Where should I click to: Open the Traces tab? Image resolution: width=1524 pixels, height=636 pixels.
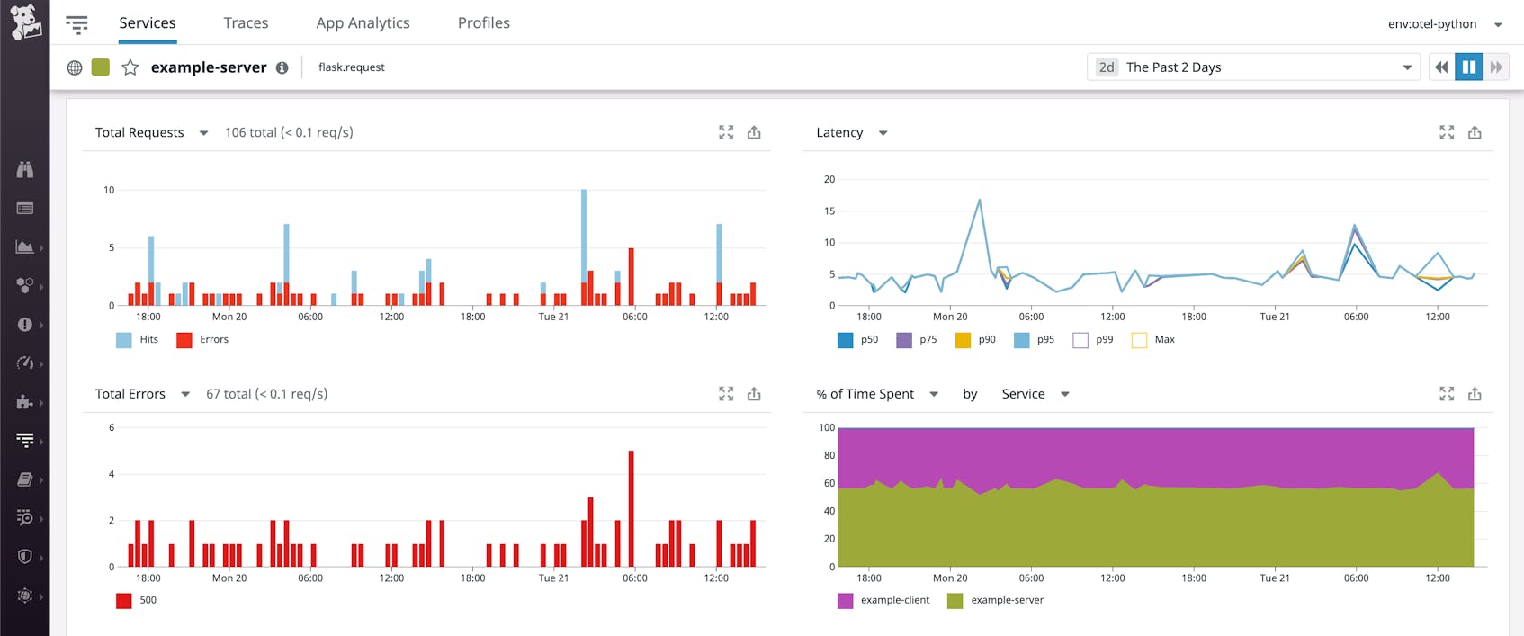click(x=246, y=22)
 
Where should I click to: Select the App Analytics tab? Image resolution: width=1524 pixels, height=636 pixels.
click(x=363, y=22)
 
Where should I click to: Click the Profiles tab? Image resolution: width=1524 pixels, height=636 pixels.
click(x=483, y=22)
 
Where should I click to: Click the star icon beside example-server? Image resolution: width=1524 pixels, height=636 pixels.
click(x=130, y=67)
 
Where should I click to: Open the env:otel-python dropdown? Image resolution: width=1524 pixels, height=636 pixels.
click(x=1443, y=24)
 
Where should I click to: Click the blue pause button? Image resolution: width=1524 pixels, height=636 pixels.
click(x=1468, y=67)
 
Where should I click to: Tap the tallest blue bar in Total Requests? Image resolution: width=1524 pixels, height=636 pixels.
click(x=584, y=234)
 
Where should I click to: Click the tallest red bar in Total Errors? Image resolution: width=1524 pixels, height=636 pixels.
click(x=632, y=508)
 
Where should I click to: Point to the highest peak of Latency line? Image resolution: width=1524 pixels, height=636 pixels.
click(x=979, y=201)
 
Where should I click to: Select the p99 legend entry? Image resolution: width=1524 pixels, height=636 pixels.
click(x=1093, y=339)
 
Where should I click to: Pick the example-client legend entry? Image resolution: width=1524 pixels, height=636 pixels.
click(x=883, y=600)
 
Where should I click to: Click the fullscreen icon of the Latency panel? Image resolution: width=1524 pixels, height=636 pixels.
click(x=1447, y=132)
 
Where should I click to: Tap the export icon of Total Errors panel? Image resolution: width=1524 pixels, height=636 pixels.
click(x=754, y=394)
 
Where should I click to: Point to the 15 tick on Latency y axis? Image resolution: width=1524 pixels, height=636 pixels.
click(x=829, y=211)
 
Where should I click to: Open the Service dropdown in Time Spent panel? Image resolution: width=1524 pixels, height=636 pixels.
click(x=1035, y=394)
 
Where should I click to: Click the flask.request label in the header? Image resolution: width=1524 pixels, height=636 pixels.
click(x=351, y=67)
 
